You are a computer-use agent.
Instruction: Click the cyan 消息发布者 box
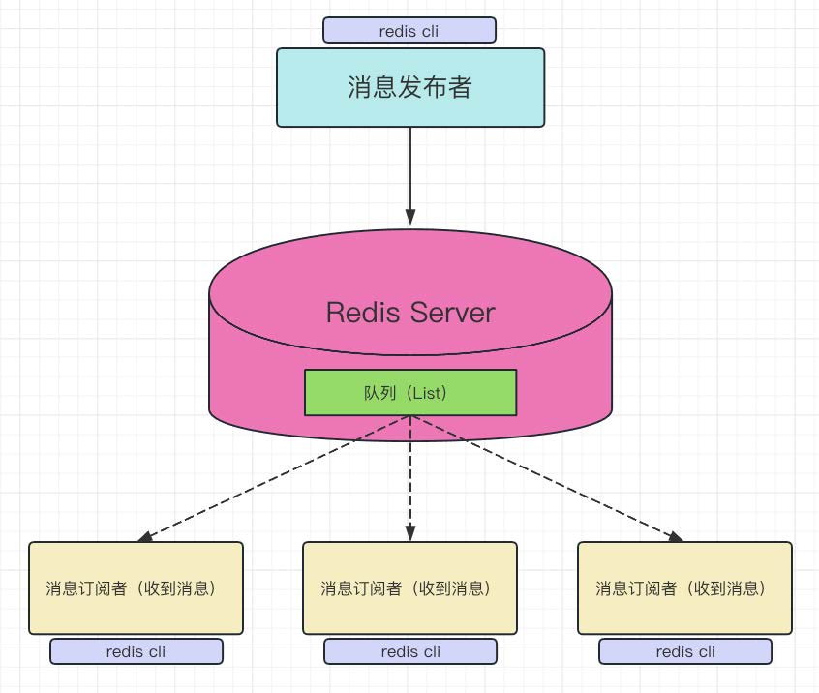(x=410, y=88)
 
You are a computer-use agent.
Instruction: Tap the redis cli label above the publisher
(x=409, y=31)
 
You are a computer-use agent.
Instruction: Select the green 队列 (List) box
(x=410, y=393)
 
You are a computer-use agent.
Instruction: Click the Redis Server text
(x=410, y=313)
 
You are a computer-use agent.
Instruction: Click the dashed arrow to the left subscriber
(x=281, y=476)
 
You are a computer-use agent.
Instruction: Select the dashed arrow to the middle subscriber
(x=410, y=474)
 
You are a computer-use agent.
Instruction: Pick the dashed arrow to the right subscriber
(x=542, y=476)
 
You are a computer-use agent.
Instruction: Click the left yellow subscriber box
(x=136, y=588)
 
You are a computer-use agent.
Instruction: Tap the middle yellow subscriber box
(x=409, y=588)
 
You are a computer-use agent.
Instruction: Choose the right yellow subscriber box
(x=684, y=588)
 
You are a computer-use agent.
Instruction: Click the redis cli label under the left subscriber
(x=136, y=651)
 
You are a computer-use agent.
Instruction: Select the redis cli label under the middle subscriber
(x=410, y=651)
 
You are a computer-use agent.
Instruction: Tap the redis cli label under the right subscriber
(x=685, y=651)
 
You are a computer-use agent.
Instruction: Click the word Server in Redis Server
(x=453, y=313)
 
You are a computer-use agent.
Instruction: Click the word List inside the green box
(x=426, y=393)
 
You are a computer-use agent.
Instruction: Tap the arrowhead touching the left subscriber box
(x=145, y=536)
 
